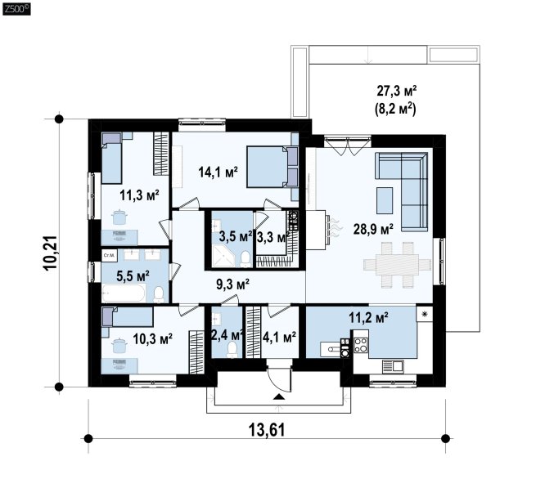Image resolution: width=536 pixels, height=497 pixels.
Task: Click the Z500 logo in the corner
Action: (x=16, y=9)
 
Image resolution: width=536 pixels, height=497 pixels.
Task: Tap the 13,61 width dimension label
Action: (x=266, y=429)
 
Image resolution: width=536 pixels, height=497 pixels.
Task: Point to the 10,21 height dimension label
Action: (x=50, y=253)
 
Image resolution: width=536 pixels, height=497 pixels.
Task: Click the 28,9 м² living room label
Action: (x=373, y=229)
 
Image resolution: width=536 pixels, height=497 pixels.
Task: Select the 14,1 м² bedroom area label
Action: (x=218, y=172)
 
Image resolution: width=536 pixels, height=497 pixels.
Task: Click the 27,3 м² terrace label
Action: (x=397, y=91)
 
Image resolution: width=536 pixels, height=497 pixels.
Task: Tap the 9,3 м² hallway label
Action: (x=232, y=284)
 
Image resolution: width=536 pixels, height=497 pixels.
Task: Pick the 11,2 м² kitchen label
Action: (x=368, y=318)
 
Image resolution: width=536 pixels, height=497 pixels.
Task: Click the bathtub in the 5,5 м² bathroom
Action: (x=124, y=293)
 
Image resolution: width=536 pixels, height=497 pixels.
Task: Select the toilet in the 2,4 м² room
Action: (x=232, y=350)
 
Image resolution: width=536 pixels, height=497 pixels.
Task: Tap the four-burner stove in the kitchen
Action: (x=360, y=344)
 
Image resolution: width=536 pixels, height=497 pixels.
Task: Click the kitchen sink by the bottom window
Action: (x=393, y=366)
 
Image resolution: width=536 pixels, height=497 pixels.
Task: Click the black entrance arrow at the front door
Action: (x=279, y=396)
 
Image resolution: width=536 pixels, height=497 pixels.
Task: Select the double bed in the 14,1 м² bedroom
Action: (x=273, y=167)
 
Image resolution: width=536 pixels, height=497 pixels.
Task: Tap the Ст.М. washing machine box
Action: (x=109, y=255)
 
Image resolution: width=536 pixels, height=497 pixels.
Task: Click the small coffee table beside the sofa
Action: (x=385, y=200)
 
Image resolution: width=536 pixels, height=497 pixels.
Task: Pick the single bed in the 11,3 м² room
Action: (x=112, y=158)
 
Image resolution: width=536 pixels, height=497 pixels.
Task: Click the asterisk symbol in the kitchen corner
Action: (x=425, y=314)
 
